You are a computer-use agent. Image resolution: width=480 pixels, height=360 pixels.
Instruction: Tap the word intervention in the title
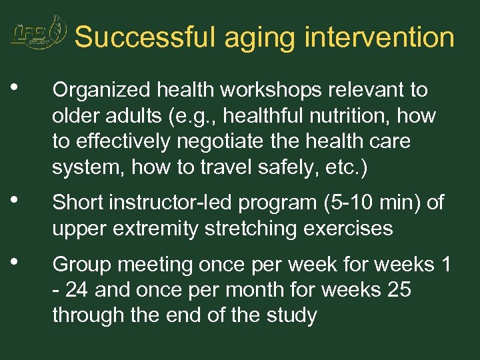(x=379, y=37)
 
